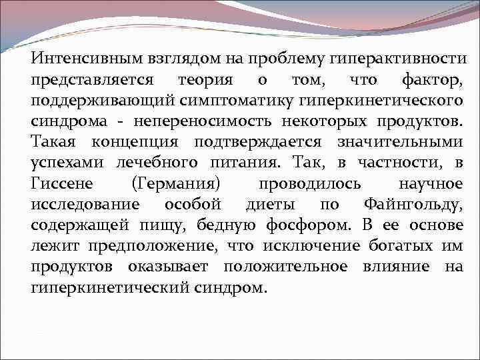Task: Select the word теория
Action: (x=205, y=80)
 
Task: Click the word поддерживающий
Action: (x=99, y=101)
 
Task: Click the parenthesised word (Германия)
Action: (x=177, y=183)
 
